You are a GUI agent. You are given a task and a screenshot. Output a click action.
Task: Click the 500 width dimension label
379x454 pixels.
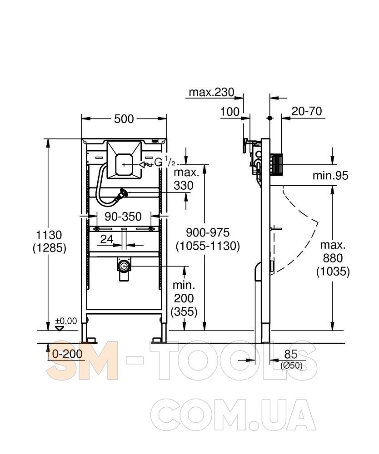[124, 118]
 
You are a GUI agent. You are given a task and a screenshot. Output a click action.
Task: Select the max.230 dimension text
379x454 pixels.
[211, 92]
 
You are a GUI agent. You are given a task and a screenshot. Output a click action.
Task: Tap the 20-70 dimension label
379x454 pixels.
[307, 111]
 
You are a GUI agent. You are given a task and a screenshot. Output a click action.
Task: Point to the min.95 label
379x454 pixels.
[330, 175]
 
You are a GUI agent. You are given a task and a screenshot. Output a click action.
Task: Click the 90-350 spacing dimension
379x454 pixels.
[123, 217]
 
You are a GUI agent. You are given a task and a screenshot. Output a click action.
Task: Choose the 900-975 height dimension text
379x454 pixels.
[208, 232]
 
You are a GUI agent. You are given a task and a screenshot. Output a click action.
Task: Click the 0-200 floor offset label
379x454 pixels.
[67, 354]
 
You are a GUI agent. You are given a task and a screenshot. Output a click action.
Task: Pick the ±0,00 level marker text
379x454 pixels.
[66, 321]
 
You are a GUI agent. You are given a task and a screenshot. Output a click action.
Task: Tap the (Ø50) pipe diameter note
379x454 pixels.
[291, 365]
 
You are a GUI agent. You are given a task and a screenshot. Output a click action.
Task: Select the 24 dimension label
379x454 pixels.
[107, 239]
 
